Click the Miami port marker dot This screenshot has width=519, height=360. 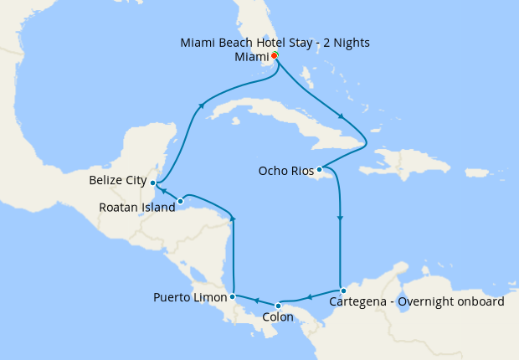coord(275,56)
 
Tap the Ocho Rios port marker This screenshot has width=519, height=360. coord(319,170)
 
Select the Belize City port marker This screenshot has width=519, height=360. coord(152,182)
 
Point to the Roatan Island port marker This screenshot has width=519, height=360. coord(181,201)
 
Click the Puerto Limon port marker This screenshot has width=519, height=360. coord(232,296)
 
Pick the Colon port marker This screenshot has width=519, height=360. coord(278,305)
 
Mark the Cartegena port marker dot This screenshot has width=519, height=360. coord(342,291)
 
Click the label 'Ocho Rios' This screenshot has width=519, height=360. coord(285,171)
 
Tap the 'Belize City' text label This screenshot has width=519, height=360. coord(117,180)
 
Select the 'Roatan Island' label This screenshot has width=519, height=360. coord(137,208)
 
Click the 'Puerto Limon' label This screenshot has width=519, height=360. coord(190,297)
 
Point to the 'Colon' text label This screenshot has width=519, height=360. coord(278,317)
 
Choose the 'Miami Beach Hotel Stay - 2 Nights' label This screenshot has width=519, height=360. coord(275,42)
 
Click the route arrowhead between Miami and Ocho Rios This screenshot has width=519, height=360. coord(340,116)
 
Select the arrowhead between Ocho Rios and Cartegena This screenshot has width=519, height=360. coord(340,219)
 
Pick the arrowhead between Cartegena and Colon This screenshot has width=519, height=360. coord(309,296)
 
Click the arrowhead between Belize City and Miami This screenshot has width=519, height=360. coord(201,105)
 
